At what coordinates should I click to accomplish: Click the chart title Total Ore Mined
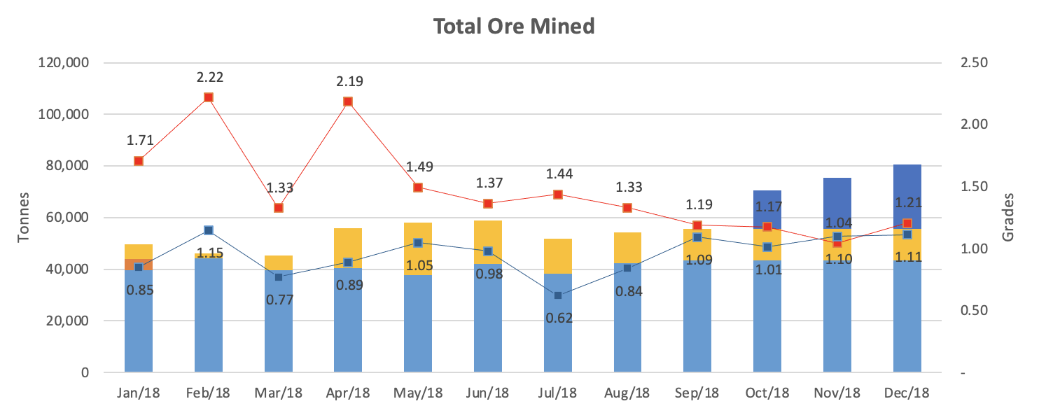514,26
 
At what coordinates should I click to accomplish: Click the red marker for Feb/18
208,97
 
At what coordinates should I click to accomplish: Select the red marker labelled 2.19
348,101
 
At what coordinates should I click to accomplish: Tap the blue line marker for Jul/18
558,295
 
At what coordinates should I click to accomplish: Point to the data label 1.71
140,140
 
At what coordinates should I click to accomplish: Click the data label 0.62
559,318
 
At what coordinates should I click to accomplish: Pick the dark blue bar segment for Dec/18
907,197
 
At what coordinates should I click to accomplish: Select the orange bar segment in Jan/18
139,265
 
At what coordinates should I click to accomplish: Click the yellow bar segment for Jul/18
558,256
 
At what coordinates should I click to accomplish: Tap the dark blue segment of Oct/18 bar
767,210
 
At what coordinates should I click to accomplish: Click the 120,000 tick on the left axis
64,62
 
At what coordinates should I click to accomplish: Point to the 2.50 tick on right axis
974,62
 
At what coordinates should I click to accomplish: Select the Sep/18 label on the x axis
697,393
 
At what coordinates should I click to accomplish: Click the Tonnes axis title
23,217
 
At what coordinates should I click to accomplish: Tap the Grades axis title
1007,217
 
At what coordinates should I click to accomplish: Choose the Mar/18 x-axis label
279,393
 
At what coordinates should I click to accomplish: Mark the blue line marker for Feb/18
208,230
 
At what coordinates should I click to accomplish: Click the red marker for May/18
418,188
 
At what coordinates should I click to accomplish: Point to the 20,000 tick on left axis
67,320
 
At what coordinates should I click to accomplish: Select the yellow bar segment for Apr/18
348,248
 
